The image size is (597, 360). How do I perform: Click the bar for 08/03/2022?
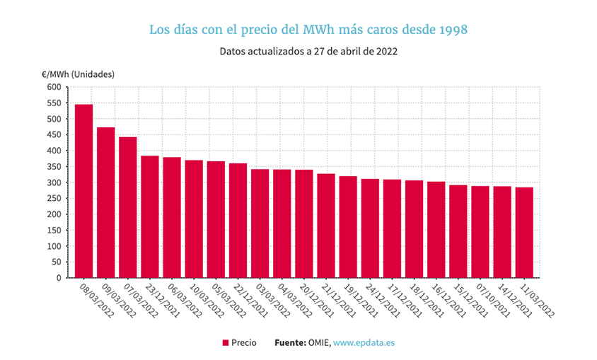(x=84, y=191)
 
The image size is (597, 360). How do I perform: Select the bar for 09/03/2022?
(x=106, y=202)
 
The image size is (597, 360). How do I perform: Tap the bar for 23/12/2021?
(x=150, y=216)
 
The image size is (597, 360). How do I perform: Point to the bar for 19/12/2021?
(x=348, y=226)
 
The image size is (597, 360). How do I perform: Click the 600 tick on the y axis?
(x=54, y=87)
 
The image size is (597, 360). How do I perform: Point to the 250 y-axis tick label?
(x=54, y=198)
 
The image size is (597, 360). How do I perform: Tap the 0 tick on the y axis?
(x=59, y=278)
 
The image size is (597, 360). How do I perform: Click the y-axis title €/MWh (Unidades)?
(x=78, y=74)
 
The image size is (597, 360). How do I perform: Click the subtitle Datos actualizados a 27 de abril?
(x=297, y=52)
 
